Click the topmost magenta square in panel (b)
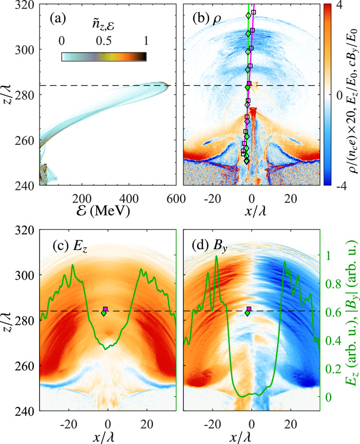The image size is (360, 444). click(x=254, y=12)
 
